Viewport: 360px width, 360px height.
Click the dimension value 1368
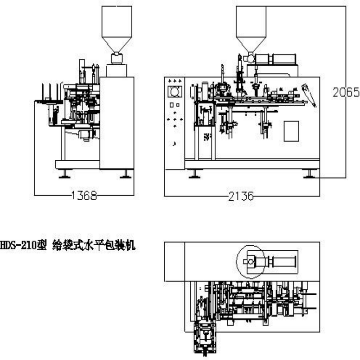click(x=84, y=195)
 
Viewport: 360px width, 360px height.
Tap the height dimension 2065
click(x=346, y=93)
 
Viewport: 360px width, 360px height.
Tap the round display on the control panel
click(x=175, y=92)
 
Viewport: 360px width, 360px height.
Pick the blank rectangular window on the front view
click(x=291, y=131)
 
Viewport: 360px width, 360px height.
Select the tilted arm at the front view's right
click(x=309, y=94)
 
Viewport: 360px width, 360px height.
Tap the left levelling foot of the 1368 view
click(x=64, y=174)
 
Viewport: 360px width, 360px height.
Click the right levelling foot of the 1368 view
click(x=126, y=174)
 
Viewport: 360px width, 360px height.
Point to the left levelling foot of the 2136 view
click(x=194, y=174)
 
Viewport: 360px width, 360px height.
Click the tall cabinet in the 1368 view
click(x=117, y=122)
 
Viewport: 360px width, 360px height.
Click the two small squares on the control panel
click(x=175, y=105)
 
